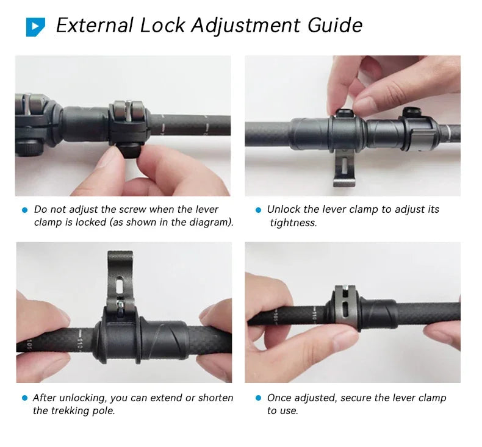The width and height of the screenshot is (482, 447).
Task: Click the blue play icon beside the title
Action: point(35,26)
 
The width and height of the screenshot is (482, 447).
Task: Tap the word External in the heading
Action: point(95,26)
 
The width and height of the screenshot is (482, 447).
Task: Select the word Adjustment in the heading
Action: point(245,26)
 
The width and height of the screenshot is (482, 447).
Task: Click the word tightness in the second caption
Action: point(293,223)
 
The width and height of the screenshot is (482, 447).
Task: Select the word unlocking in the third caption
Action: point(83,398)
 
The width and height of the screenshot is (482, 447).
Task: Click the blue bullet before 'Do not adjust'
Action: point(25,210)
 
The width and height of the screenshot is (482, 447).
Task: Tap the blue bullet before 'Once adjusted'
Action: point(258,398)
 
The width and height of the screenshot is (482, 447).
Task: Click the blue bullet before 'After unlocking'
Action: point(25,398)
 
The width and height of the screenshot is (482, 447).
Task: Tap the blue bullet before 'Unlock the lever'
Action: point(258,210)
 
